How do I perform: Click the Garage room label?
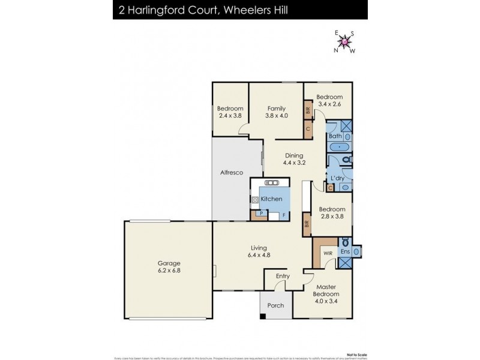[169, 263]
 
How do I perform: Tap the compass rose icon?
[344, 41]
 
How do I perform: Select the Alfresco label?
[231, 173]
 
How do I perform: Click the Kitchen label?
[271, 199]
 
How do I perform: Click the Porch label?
[275, 305]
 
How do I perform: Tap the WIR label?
[328, 253]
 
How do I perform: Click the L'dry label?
[337, 178]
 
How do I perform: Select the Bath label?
[335, 136]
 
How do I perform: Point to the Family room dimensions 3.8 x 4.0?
[276, 116]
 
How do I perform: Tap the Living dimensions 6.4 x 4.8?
[259, 256]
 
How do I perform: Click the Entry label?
[283, 276]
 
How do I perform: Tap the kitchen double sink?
[271, 183]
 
